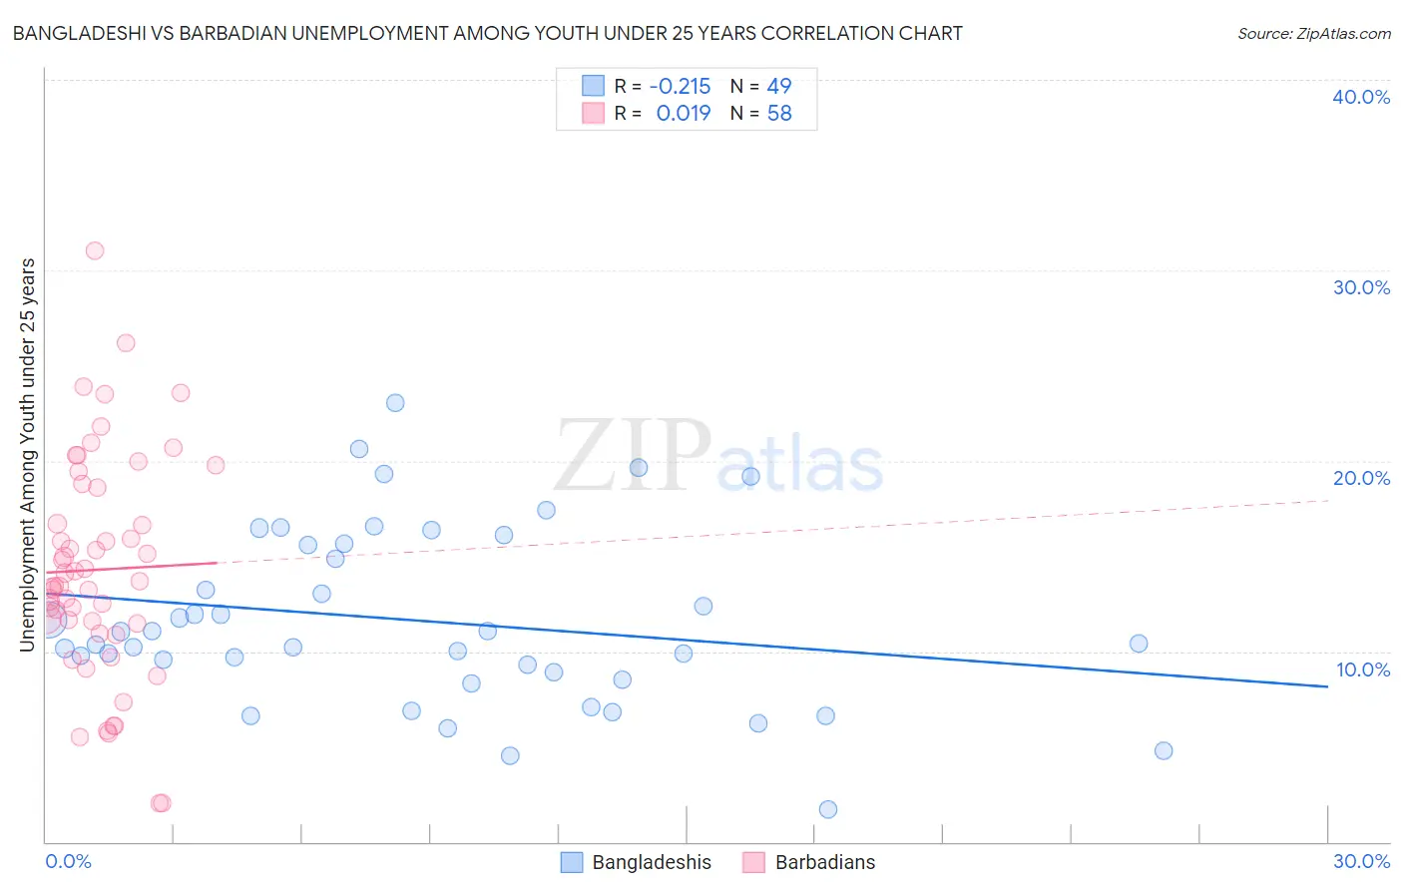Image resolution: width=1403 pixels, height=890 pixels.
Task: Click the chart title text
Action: tap(487, 33)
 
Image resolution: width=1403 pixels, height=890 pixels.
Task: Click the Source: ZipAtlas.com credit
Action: tap(1313, 34)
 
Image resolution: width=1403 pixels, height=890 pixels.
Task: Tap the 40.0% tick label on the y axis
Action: tap(1361, 97)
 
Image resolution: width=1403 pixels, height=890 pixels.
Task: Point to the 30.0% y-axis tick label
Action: tap(1361, 287)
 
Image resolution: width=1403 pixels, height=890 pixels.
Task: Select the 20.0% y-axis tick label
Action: tap(1361, 478)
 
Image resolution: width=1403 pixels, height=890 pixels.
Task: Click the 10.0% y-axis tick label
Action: tap(1363, 669)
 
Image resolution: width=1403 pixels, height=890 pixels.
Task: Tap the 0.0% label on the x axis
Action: tap(68, 861)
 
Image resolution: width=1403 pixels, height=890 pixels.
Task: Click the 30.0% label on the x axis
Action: tap(1361, 861)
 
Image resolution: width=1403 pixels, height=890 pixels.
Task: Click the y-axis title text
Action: tap(28, 455)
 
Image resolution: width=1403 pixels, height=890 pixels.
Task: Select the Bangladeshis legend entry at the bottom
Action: tap(651, 863)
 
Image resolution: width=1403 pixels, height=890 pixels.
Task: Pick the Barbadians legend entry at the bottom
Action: tap(824, 863)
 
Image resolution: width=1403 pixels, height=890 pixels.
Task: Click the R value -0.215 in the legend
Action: tap(680, 87)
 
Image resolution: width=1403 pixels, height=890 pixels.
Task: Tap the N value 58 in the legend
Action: tap(779, 114)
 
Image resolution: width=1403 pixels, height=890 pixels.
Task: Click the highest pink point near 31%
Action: tap(95, 250)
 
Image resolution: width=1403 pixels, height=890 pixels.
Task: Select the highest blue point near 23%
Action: tap(395, 403)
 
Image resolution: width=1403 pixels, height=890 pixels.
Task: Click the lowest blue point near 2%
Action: tap(827, 809)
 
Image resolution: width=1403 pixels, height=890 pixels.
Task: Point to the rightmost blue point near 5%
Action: tap(1163, 750)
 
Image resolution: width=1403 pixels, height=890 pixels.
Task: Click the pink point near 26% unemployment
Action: tap(126, 343)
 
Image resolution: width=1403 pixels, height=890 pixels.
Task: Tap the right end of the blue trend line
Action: tap(1327, 686)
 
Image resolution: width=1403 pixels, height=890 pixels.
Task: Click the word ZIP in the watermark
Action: tap(633, 456)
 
